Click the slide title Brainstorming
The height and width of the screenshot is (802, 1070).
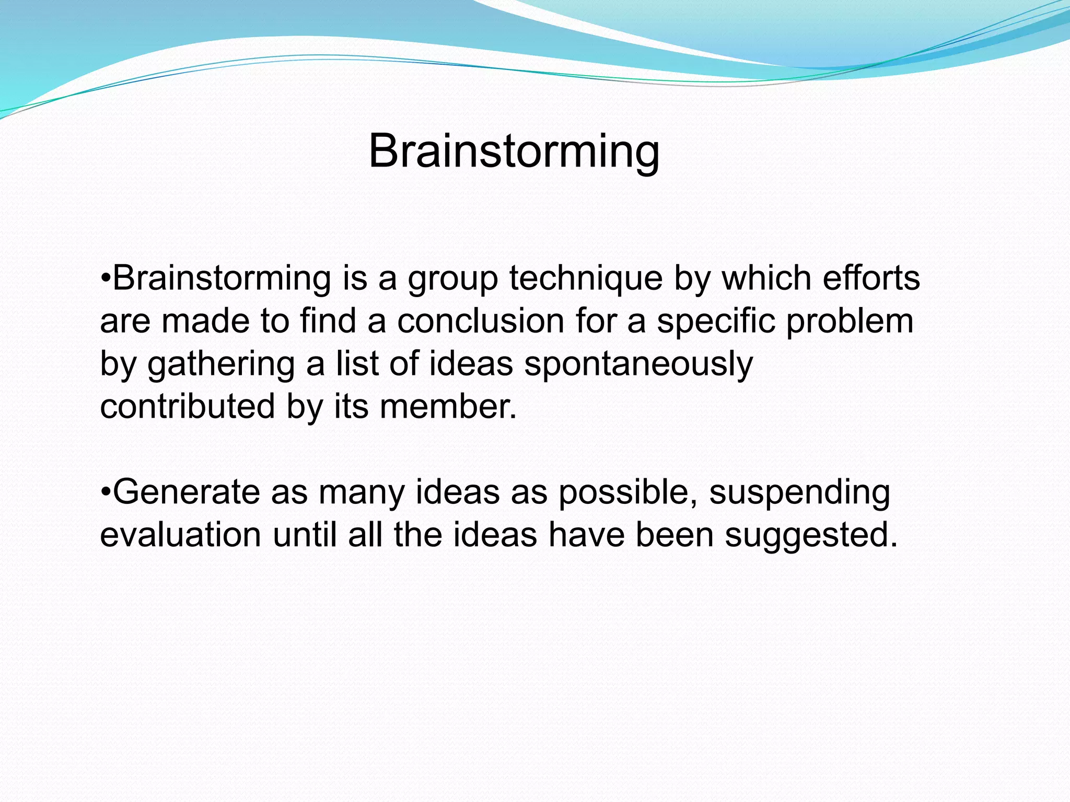[x=514, y=151]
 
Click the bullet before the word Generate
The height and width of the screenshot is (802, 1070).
[x=105, y=492]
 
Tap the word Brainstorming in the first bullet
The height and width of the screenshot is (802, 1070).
[x=222, y=278]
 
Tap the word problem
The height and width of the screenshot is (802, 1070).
[x=850, y=321]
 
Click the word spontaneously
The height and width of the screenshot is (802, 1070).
[x=638, y=364]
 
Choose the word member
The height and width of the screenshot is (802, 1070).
[x=448, y=406]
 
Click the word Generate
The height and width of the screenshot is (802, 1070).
[x=186, y=492]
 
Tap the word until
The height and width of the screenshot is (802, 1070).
[x=305, y=535]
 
